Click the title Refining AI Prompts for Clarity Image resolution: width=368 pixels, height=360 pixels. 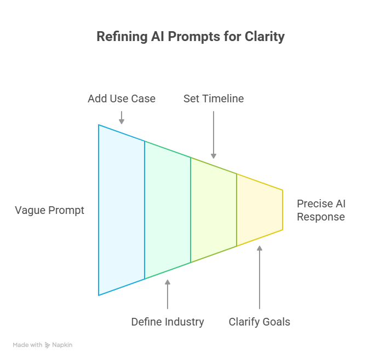click(191, 37)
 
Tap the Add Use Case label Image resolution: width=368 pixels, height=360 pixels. click(122, 98)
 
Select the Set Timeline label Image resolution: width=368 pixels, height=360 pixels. click(213, 98)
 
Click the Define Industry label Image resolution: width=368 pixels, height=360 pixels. click(167, 322)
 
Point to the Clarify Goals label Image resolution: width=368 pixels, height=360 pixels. click(259, 322)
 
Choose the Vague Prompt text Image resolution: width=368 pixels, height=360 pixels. click(49, 210)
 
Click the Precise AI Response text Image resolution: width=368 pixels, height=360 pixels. click(321, 210)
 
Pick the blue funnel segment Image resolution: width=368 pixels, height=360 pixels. click(122, 210)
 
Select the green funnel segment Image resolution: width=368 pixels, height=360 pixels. click(168, 210)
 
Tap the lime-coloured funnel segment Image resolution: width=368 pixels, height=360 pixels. click(214, 210)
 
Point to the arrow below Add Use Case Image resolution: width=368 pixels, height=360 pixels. click(122, 117)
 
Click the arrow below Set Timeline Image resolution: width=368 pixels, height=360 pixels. click(213, 135)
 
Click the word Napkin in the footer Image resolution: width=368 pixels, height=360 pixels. click(62, 345)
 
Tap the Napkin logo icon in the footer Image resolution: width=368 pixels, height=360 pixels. click(48, 345)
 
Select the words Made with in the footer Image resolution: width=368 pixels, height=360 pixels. click(27, 345)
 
